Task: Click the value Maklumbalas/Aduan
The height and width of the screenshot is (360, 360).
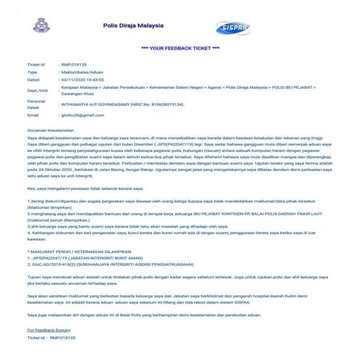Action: click(x=82, y=73)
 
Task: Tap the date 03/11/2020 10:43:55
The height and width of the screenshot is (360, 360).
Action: click(x=89, y=81)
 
